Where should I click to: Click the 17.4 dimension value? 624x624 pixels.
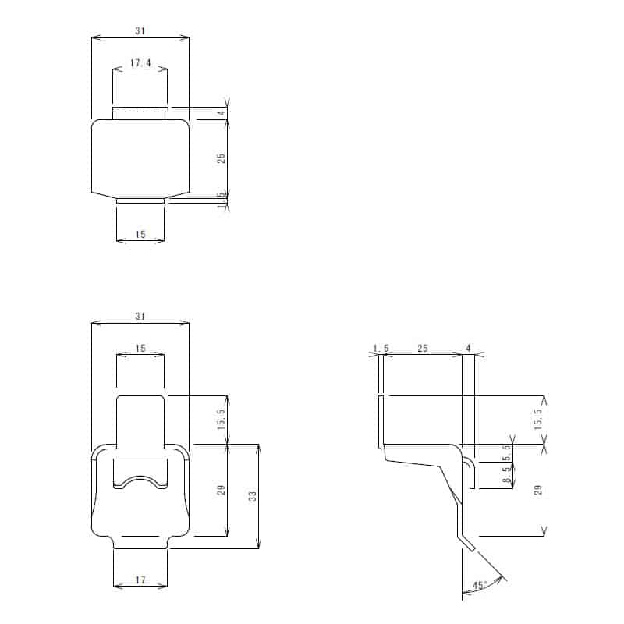coord(140,63)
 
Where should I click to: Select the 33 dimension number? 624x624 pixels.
coord(253,496)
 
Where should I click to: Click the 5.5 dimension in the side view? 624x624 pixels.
coord(507,452)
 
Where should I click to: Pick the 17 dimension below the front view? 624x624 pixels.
coord(140,580)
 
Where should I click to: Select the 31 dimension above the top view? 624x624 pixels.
coord(140,31)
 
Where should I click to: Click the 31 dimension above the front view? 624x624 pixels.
coord(140,316)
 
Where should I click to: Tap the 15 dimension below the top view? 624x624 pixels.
coord(140,234)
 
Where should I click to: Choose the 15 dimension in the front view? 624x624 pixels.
coord(140,349)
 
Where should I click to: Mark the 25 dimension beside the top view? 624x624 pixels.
coord(222,158)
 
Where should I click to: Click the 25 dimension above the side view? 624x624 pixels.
coord(422,349)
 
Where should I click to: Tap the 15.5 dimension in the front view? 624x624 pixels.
coord(222,420)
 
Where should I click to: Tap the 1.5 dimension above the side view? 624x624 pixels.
coord(380,349)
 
